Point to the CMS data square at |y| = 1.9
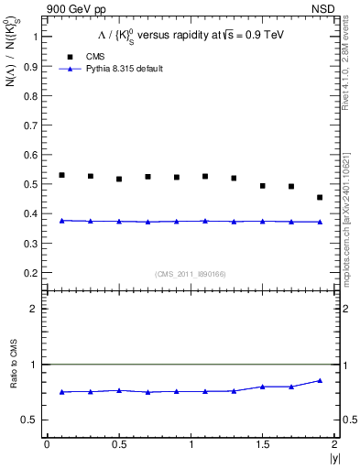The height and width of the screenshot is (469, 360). click(x=320, y=197)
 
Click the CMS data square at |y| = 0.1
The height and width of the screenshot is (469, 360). click(x=61, y=175)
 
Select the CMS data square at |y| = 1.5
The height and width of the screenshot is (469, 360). click(x=262, y=186)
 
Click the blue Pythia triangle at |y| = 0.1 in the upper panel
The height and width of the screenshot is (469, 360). click(x=61, y=221)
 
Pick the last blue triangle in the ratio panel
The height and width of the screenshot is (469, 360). click(x=320, y=380)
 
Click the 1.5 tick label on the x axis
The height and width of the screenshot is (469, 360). click(x=262, y=444)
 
